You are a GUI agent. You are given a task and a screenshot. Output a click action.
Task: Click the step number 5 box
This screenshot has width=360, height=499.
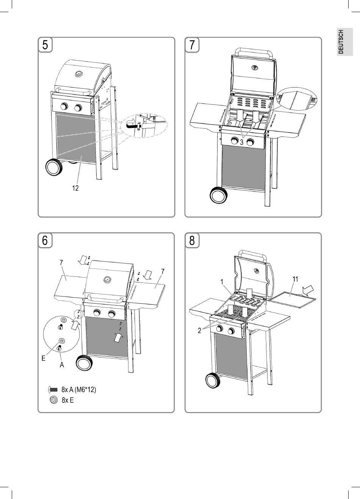pos(45,45)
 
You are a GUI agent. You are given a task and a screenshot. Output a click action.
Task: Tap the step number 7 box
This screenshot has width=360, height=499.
pos(192,45)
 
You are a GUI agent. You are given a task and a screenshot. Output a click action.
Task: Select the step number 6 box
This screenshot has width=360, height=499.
pos(45,240)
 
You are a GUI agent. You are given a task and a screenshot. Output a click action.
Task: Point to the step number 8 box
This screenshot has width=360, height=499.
pos(192,240)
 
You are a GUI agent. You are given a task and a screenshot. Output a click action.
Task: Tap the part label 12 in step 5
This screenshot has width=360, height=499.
pos(75,188)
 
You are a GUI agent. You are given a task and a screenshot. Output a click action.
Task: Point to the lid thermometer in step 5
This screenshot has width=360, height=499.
pos(79,73)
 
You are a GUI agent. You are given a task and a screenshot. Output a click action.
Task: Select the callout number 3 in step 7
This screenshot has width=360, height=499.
pos(241,143)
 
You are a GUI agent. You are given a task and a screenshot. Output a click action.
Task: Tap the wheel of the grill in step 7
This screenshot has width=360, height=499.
pos(219,195)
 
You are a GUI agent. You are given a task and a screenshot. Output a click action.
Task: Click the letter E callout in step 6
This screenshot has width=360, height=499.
pos(44,358)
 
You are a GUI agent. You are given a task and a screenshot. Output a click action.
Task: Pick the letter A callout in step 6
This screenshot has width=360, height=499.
pos(62,365)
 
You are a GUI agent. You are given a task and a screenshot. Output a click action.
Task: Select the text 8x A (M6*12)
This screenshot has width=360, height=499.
pos(78,389)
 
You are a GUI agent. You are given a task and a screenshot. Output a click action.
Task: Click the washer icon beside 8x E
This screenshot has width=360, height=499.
pos(54,400)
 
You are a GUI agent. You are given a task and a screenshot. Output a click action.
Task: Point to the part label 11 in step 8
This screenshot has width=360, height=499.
pos(296,279)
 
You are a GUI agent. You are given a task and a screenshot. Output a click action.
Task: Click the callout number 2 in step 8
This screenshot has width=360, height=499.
pos(199,331)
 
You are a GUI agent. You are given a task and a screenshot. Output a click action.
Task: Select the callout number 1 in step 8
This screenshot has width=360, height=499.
pos(222,282)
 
